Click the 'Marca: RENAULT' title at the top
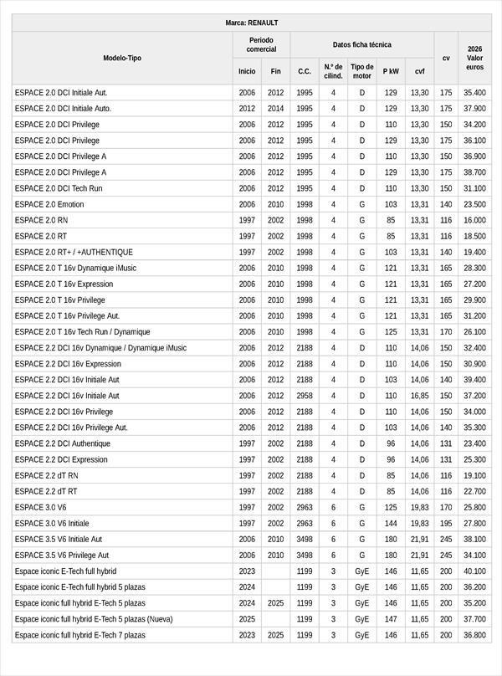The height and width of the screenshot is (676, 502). click(x=252, y=23)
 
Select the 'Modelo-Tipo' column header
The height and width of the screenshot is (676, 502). click(x=122, y=58)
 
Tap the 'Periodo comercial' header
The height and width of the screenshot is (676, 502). click(x=261, y=44)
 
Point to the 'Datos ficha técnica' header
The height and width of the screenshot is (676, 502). click(x=361, y=44)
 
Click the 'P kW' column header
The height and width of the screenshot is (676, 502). click(x=391, y=71)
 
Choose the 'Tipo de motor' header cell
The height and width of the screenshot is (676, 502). click(x=361, y=71)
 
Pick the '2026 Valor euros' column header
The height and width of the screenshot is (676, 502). click(x=474, y=58)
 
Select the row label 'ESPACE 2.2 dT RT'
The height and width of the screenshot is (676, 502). click(x=46, y=491)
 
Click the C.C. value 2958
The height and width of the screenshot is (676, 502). click(x=305, y=396)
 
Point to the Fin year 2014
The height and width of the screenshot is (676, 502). click(x=276, y=109)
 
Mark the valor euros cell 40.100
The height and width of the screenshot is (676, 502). click(x=474, y=571)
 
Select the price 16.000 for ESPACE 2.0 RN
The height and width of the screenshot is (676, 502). click(x=474, y=220)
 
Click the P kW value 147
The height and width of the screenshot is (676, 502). click(x=391, y=619)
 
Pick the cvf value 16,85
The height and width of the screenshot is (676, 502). click(x=419, y=396)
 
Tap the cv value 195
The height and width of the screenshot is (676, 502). click(x=446, y=523)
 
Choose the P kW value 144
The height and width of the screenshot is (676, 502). click(x=391, y=523)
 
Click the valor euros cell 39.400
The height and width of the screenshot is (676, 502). click(x=474, y=380)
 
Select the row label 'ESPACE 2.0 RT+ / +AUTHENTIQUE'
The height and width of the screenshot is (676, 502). click(x=74, y=252)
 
